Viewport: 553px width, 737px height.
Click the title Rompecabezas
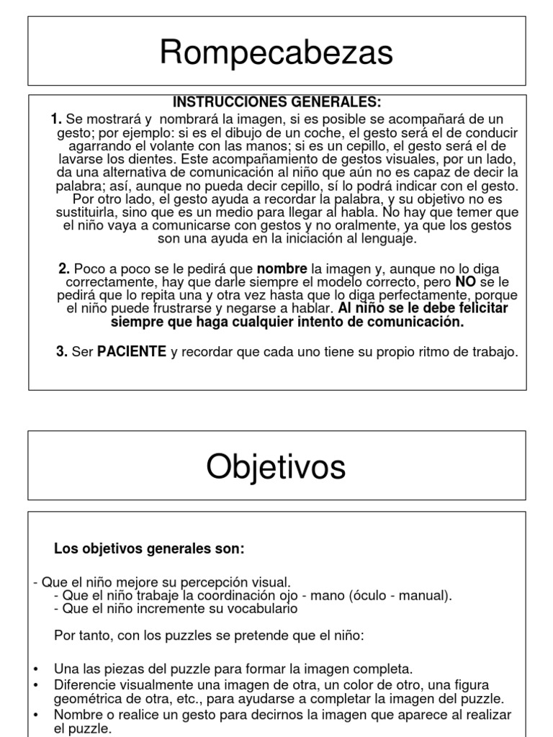click(x=276, y=53)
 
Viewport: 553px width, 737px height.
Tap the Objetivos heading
click(x=276, y=468)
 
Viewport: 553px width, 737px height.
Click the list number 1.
click(x=57, y=119)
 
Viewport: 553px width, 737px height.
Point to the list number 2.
click(x=64, y=268)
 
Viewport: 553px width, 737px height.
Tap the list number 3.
click(x=61, y=352)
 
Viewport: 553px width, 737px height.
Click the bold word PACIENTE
click(x=132, y=352)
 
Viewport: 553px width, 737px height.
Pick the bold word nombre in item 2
click(x=282, y=268)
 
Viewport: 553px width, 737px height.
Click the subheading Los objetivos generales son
click(x=150, y=549)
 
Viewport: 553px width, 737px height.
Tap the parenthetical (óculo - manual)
click(x=400, y=595)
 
